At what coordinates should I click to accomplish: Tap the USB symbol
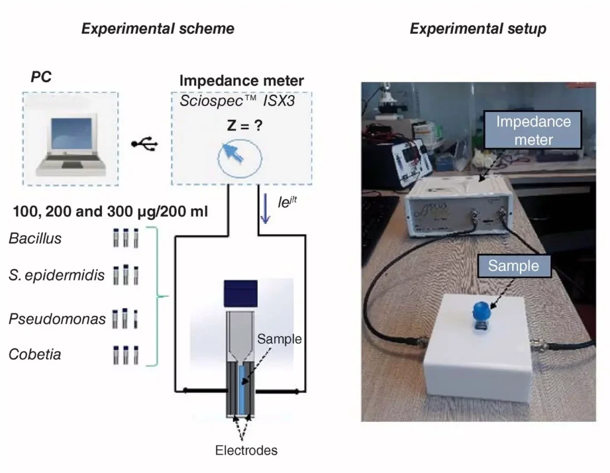tap(145, 144)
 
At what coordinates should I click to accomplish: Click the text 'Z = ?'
tap(245, 125)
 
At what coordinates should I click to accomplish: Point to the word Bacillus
tap(35, 238)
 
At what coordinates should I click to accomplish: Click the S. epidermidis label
tap(57, 275)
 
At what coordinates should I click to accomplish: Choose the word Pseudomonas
tap(57, 319)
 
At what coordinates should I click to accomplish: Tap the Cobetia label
tap(35, 354)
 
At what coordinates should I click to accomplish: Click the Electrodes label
tap(246, 450)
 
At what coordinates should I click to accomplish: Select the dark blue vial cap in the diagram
tap(241, 294)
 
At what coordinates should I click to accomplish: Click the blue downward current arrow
tap(265, 209)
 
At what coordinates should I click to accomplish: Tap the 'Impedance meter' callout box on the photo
tap(533, 130)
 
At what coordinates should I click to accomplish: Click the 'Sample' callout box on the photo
tap(514, 266)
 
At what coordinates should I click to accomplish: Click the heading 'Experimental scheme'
tap(157, 29)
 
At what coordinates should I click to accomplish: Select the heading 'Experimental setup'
tap(478, 29)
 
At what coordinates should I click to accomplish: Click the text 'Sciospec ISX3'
tap(237, 101)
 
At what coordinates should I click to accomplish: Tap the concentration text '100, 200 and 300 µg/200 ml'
tap(110, 211)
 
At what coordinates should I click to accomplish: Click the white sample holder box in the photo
tap(478, 350)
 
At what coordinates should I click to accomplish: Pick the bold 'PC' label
tap(41, 77)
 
